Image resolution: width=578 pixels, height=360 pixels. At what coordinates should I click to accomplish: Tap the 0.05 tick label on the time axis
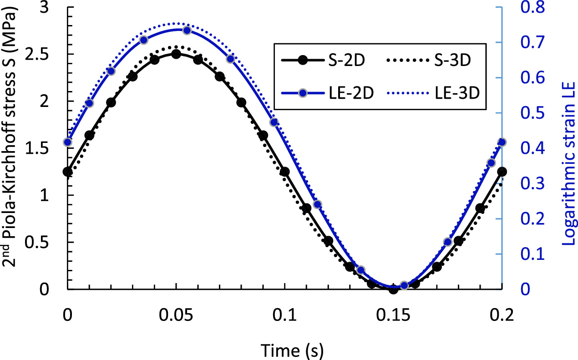(176, 314)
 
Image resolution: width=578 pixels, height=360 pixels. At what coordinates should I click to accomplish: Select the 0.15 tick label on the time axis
(393, 314)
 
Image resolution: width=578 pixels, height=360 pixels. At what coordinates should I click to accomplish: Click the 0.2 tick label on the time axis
(502, 314)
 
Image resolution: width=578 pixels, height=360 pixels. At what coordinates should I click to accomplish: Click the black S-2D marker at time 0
(68, 172)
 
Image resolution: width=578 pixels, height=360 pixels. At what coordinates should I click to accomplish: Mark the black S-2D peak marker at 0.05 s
(176, 54)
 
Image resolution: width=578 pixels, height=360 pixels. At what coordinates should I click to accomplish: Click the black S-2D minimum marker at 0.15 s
(393, 289)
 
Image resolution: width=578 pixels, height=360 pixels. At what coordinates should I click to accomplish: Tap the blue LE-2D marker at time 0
(68, 142)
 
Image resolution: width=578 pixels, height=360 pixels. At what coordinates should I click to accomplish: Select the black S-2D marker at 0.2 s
(502, 172)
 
